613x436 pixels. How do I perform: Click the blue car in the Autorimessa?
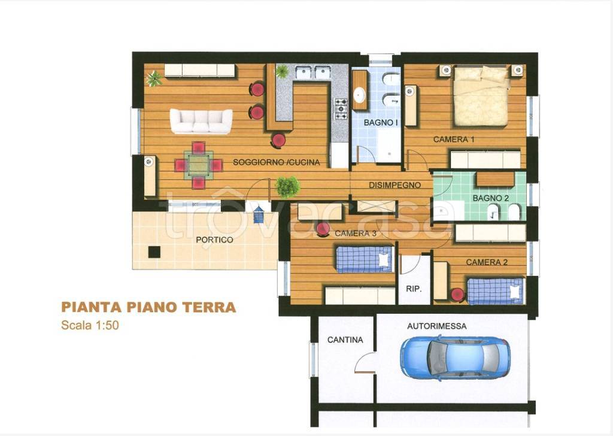pos(455,358)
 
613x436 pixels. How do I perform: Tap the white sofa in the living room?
pos(201,121)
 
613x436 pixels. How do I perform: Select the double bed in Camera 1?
pos(481,96)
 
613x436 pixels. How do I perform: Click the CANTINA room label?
pos(345,340)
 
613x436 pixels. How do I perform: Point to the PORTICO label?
pos(214,240)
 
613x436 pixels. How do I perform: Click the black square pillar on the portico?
pos(154,252)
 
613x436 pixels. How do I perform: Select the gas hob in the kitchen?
pos(341,109)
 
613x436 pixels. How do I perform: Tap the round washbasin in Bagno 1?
pos(359,94)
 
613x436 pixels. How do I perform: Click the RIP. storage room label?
pos(414,289)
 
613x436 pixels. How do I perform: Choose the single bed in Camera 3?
pos(365,259)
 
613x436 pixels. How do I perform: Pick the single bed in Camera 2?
pos(495,291)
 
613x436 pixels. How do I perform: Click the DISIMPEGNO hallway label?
pos(395,185)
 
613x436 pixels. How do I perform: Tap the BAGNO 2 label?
pos(491,198)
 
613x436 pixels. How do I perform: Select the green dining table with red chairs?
pos(199,165)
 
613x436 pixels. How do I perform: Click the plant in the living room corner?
pos(154,78)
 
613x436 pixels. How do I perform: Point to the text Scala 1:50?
pos(90,325)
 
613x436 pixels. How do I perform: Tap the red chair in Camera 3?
pos(323,229)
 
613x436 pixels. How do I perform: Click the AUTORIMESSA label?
pos(436,326)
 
